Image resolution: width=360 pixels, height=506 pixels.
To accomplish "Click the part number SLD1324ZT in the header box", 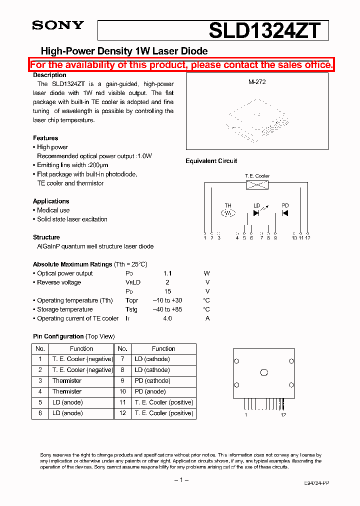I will tap(264, 30).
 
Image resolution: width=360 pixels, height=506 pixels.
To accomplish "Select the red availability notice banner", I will tap(181, 65).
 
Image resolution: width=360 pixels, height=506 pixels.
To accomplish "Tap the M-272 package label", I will tap(257, 81).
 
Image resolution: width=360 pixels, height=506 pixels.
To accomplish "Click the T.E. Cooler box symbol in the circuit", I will tap(257, 185).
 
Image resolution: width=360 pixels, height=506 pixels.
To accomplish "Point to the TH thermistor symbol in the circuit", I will tap(228, 213).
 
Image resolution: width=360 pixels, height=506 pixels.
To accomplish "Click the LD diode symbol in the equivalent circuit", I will tap(256, 213).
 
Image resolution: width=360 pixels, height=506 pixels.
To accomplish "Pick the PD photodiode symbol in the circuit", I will tap(285, 213).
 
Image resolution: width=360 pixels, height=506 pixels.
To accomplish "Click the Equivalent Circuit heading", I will tap(211, 161).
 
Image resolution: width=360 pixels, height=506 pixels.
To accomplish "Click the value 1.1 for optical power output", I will tap(167, 273).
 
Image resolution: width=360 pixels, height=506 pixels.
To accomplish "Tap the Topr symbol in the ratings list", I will tap(132, 300).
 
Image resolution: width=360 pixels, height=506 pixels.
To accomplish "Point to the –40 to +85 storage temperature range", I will tap(167, 309).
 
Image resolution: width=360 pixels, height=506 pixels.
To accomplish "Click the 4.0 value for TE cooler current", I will tap(167, 318).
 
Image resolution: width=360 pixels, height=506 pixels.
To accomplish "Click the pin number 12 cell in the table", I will tap(122, 413).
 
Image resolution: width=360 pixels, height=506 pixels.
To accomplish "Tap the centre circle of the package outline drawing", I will tap(264, 372).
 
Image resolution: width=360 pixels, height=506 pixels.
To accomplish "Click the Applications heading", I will tap(51, 201).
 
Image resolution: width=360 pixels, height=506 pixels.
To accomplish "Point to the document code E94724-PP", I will tap(316, 483).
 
